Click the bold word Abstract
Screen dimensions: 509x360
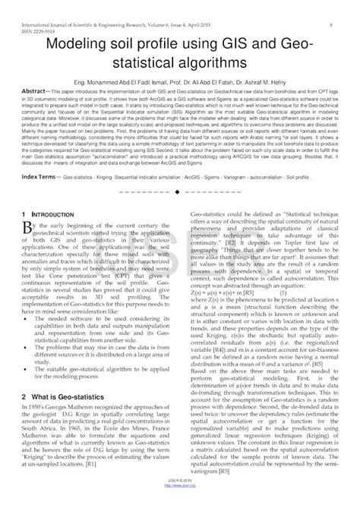(36, 100)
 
